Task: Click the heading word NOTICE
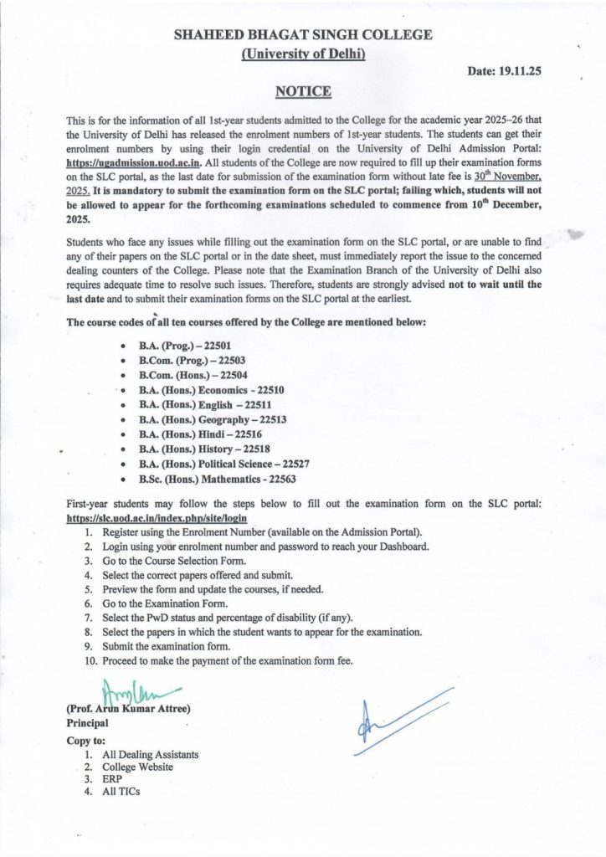tap(303, 91)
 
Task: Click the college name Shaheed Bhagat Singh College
tap(303, 35)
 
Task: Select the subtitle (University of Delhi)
tap(303, 54)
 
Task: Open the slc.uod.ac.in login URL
tap(157, 519)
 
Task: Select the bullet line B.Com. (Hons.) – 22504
tap(193, 375)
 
